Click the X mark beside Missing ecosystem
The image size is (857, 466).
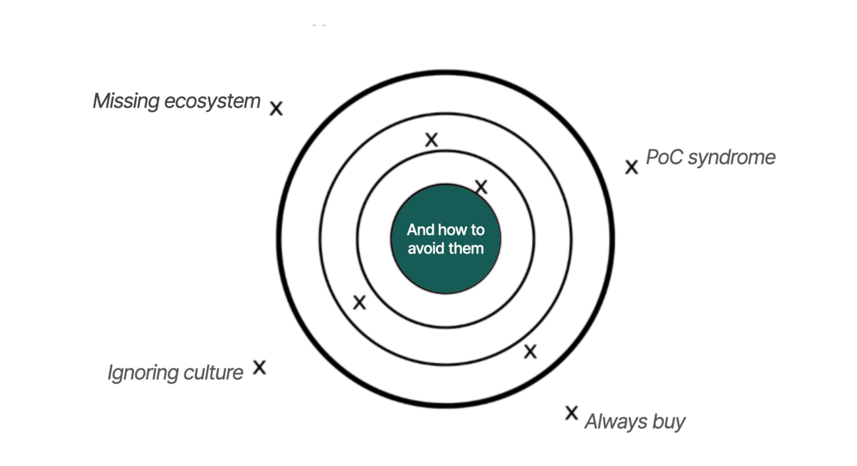point(276,108)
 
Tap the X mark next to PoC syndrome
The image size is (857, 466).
point(631,167)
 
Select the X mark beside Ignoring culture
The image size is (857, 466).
point(259,367)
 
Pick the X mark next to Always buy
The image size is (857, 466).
point(571,413)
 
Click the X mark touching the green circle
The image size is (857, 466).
point(481,187)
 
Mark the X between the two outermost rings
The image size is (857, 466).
point(530,352)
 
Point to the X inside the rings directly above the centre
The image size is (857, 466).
point(431,139)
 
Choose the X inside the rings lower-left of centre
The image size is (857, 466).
point(360,303)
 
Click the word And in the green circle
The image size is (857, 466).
point(421,230)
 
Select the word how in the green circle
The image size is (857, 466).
point(452,230)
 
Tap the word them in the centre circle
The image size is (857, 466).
point(468,249)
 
